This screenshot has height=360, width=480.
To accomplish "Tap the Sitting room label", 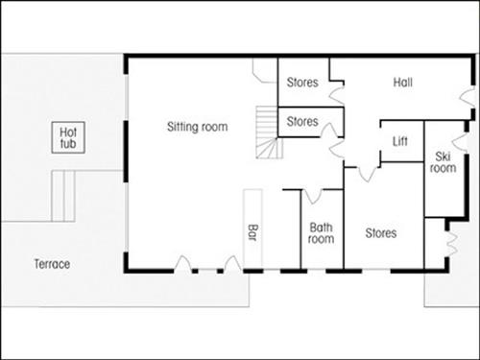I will pyautogui.click(x=198, y=126).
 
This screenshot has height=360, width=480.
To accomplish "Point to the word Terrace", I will pyautogui.click(x=52, y=264).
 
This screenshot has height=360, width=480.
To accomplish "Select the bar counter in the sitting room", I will pyautogui.click(x=253, y=230).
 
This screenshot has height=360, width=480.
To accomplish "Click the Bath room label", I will pyautogui.click(x=321, y=233).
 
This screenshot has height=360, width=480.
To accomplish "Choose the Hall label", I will pyautogui.click(x=403, y=83).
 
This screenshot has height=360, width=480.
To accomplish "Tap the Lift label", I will pyautogui.click(x=401, y=142).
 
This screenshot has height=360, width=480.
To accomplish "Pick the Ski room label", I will pyautogui.click(x=443, y=161).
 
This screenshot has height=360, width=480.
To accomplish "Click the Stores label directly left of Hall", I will pyautogui.click(x=302, y=83).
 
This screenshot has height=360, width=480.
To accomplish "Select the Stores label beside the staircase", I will pyautogui.click(x=302, y=122).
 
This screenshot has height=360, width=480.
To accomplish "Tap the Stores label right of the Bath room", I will pyautogui.click(x=380, y=233).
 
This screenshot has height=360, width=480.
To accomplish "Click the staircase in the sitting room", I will pyautogui.click(x=266, y=135).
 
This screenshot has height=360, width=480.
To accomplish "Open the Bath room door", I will pyautogui.click(x=311, y=197).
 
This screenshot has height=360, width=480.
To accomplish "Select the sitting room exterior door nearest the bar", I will pyautogui.click(x=230, y=264).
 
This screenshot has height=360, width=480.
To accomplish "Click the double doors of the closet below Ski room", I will pyautogui.click(x=450, y=240).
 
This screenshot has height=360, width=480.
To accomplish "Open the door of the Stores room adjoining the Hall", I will pyautogui.click(x=335, y=95).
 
